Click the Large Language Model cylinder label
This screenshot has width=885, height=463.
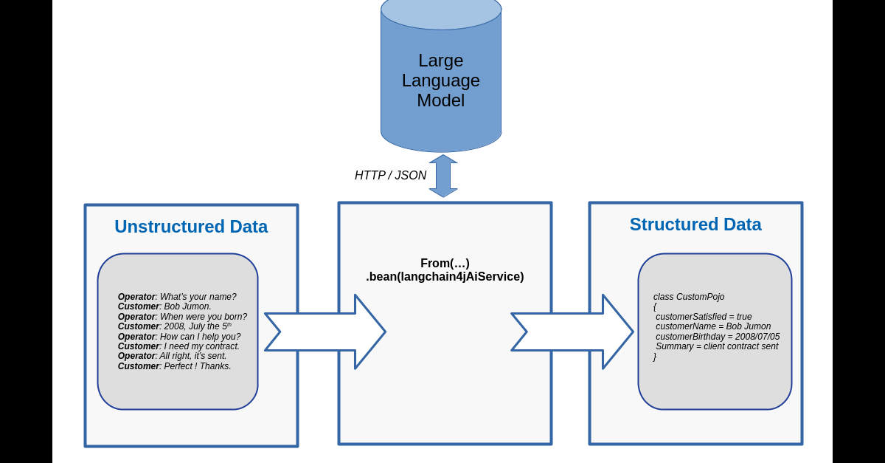point(441,80)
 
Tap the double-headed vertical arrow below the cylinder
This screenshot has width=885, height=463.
point(443,176)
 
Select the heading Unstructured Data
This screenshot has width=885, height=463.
point(191,227)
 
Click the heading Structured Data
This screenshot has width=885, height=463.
point(695,224)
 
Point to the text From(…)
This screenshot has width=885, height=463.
point(445,264)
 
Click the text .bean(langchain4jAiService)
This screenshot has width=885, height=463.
point(445,277)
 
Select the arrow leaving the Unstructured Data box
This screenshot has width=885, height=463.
point(324,332)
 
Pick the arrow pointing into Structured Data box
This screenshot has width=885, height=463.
point(572,332)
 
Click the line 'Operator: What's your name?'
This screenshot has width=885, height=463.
point(177,297)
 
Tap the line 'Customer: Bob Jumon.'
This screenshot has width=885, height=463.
point(164,306)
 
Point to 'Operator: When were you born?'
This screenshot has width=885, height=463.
point(182,317)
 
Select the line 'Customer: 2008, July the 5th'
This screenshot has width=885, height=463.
point(175,326)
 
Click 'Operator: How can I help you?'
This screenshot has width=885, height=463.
point(179,337)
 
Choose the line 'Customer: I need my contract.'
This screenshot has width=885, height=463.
point(178,346)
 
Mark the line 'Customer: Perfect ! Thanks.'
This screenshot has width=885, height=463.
point(174,366)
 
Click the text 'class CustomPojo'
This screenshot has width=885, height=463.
point(689,297)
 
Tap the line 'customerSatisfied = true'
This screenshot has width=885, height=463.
point(704,317)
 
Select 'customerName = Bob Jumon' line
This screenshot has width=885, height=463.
point(713,326)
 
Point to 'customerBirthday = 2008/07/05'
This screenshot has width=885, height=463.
point(718,337)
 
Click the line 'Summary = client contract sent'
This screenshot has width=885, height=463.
point(717,346)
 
